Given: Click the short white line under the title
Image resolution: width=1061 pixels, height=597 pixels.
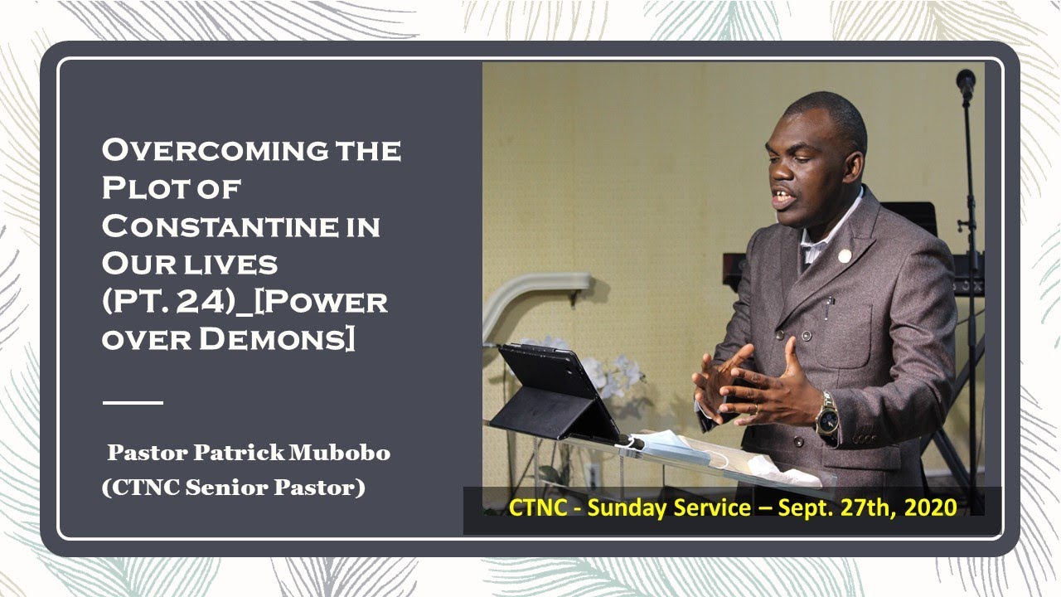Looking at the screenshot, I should pyautogui.click(x=133, y=402).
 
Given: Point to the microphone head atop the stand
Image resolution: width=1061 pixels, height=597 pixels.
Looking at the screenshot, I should pyautogui.click(x=966, y=81).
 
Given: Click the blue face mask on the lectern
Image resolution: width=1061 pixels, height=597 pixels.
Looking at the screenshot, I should pyautogui.click(x=676, y=445).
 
